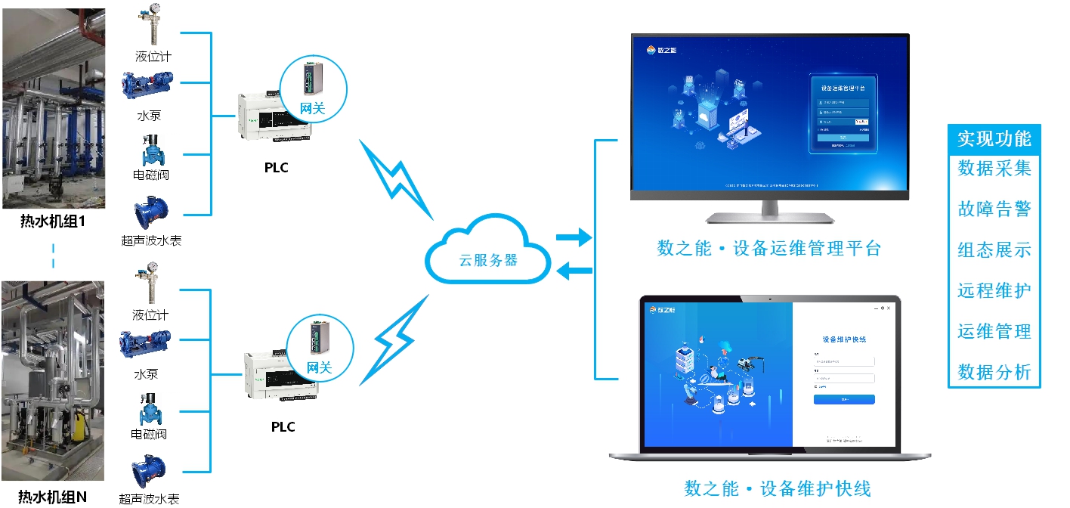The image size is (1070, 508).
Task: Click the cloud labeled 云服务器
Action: [488, 252]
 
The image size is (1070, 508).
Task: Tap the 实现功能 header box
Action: [994, 139]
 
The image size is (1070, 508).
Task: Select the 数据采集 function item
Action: [994, 168]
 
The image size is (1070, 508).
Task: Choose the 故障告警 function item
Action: [994, 209]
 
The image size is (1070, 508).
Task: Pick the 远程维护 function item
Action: [994, 290]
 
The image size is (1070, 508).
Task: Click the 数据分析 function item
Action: [994, 372]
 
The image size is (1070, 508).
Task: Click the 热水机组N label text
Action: [53, 497]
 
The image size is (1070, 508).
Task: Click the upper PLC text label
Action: [276, 168]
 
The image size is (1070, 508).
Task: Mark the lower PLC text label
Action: [283, 427]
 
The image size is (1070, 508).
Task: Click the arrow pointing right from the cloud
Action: [574, 239]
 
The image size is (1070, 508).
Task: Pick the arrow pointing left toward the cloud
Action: [574, 270]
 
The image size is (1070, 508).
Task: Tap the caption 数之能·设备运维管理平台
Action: [769, 249]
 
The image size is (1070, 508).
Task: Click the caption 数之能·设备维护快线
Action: [778, 488]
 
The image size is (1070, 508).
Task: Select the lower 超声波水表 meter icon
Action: [149, 472]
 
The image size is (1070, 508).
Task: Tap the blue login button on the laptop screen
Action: [844, 399]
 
